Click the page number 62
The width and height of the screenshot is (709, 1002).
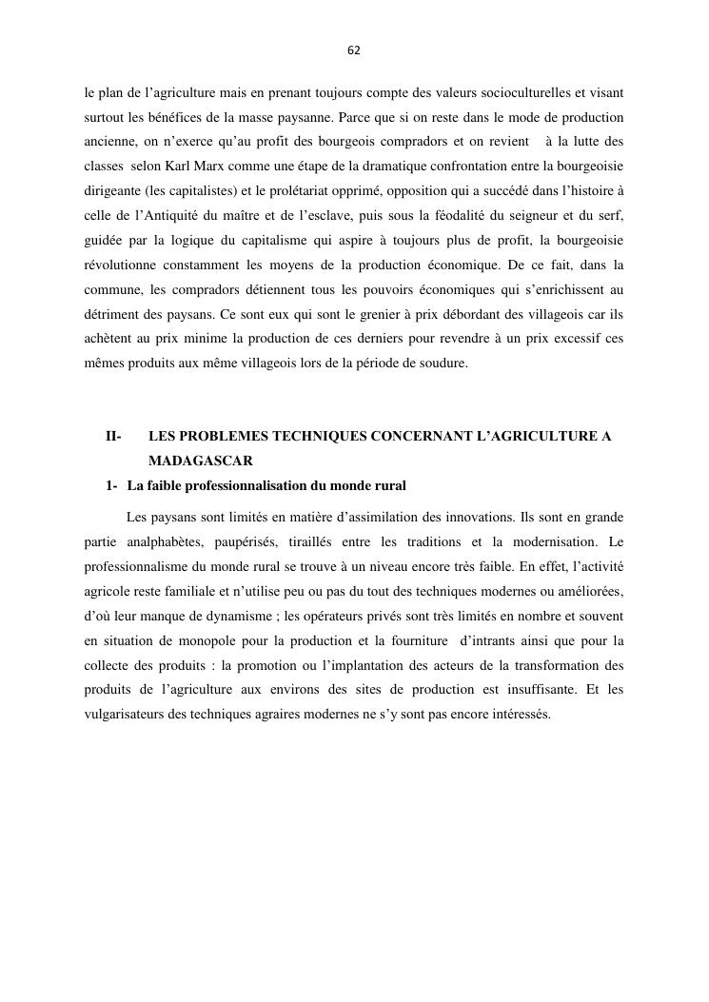354,50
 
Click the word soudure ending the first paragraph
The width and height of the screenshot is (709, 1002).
443,363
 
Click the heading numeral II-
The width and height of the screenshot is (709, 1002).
113,437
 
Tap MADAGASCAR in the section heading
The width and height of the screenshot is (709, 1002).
200,462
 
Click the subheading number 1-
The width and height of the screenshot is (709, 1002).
112,486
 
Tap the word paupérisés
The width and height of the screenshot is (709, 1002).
257,541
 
